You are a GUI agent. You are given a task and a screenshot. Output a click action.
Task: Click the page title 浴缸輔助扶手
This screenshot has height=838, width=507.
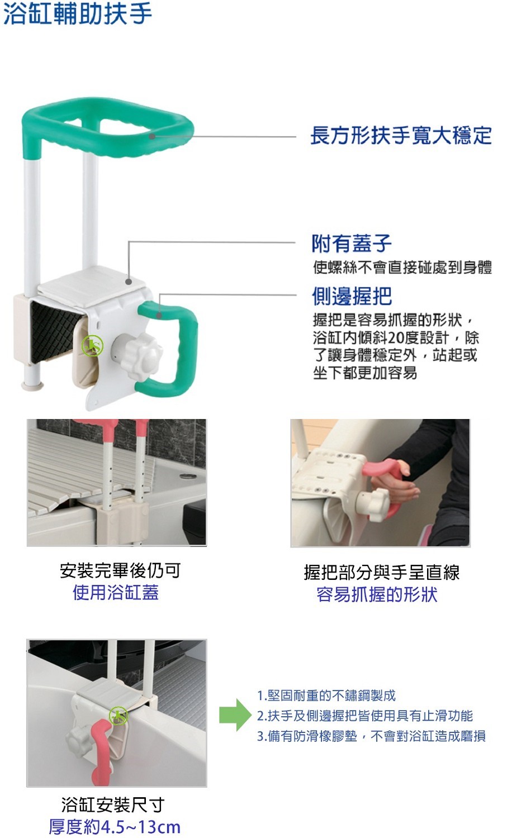point(78,13)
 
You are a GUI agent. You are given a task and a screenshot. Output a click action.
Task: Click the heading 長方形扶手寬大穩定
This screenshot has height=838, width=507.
point(401,135)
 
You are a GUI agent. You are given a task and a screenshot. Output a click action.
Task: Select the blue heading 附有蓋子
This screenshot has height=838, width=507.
point(352,244)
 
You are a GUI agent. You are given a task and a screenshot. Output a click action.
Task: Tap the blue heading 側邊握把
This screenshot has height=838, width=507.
point(352,296)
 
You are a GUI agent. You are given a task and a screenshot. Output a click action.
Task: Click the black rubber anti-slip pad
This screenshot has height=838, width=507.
point(54,331)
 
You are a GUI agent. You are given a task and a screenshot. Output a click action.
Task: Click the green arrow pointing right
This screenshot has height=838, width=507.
point(235,715)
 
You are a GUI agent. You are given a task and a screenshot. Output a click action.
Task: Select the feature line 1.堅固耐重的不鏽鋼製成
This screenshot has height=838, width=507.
point(326,696)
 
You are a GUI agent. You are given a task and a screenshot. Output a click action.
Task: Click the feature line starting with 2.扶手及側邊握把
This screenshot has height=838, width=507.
point(364,716)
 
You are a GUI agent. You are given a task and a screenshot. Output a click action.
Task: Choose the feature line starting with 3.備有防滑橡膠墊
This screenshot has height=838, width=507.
point(371,736)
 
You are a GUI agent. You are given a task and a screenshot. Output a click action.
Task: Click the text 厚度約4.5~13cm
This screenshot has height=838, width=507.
point(115,826)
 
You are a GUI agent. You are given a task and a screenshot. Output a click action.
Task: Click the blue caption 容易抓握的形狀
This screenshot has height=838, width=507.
point(377,594)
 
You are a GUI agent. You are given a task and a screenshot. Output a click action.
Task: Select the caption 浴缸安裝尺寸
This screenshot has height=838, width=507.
point(113,804)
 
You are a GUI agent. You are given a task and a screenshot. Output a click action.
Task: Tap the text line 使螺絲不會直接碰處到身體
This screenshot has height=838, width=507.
point(402,267)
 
